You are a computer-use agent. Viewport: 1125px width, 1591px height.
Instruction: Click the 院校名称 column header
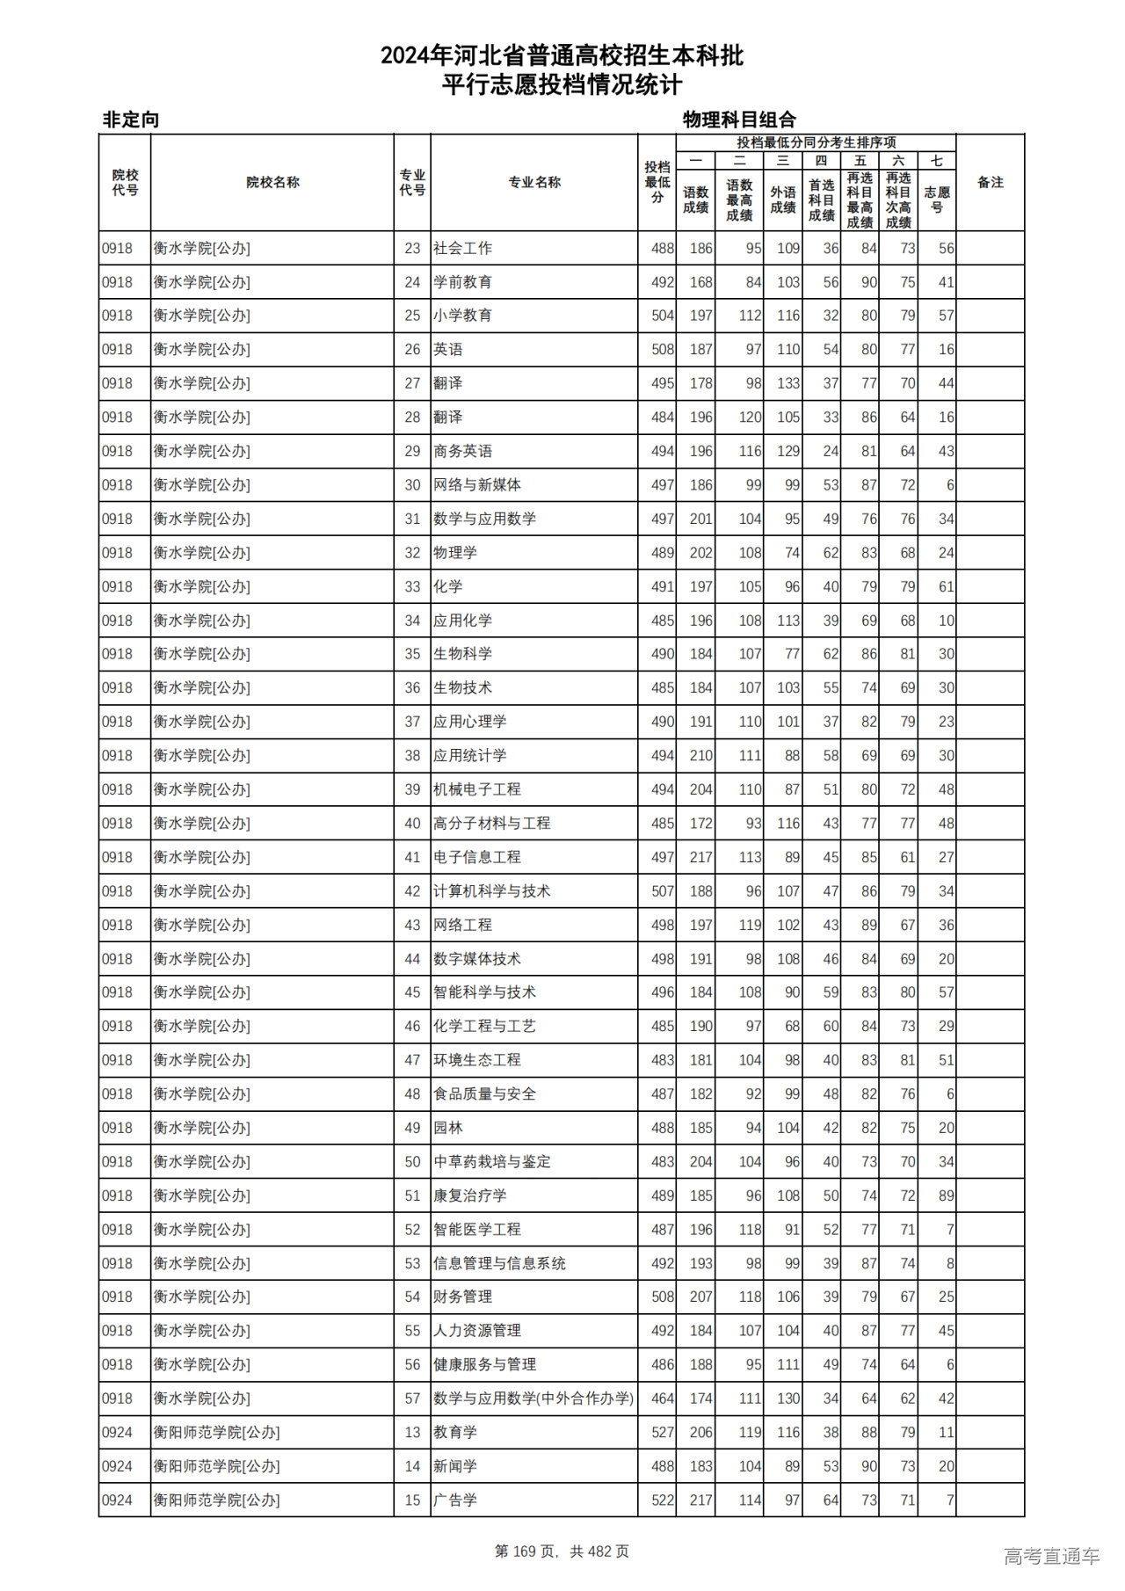272,183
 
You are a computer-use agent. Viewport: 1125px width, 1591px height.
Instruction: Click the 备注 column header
990,183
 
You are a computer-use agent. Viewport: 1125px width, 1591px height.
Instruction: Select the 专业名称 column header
534,183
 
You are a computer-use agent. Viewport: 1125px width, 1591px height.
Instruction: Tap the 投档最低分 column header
657,183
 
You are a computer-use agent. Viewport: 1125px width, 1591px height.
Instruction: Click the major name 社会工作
462,249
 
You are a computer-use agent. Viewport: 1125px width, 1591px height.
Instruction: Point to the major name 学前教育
462,282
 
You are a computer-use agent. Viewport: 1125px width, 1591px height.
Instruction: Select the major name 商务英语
462,451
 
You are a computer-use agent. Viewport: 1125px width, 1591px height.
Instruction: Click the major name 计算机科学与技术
491,891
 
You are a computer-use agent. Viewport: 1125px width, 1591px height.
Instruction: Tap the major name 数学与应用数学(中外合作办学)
533,1398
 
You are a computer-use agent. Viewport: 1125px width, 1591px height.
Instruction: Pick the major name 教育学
455,1433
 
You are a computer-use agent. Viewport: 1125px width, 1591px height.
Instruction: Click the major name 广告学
455,1500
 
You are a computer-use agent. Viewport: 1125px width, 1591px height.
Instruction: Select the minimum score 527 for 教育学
663,1433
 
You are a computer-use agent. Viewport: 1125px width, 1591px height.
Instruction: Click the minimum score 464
663,1398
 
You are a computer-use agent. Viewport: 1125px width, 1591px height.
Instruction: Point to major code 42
412,891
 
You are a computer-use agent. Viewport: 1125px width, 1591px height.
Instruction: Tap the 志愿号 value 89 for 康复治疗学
946,1195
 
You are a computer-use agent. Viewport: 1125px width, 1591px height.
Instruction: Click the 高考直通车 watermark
1051,1556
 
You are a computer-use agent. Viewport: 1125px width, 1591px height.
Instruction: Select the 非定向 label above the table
131,120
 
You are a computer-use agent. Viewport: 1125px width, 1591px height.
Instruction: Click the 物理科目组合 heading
739,120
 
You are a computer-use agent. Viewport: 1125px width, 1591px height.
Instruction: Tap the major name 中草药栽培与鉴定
491,1162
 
